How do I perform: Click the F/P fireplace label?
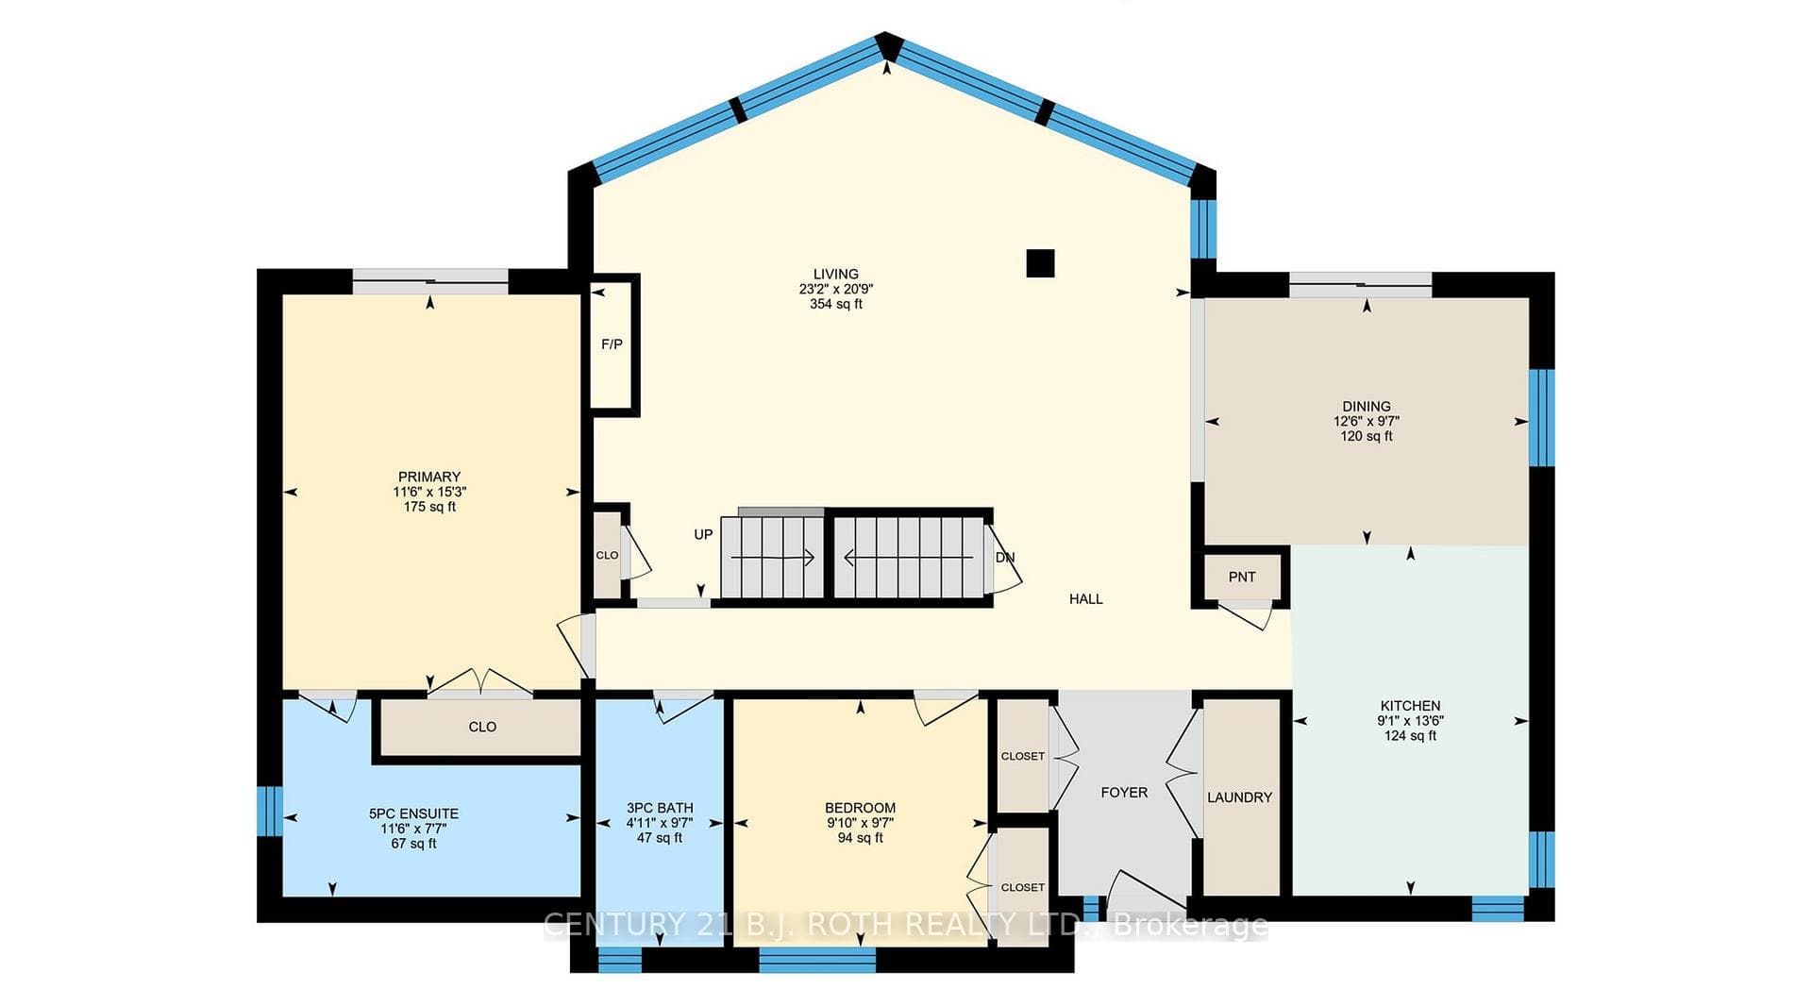pyautogui.click(x=612, y=344)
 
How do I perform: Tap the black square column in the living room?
pyautogui.click(x=1040, y=263)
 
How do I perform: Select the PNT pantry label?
pyautogui.click(x=1242, y=577)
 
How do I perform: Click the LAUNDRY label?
pyautogui.click(x=1239, y=797)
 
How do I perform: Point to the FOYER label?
pyautogui.click(x=1124, y=793)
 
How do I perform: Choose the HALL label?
pyautogui.click(x=1086, y=599)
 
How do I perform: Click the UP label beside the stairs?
pyautogui.click(x=703, y=535)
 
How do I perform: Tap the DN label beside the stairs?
pyautogui.click(x=1005, y=558)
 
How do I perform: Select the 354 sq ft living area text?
pyautogui.click(x=836, y=305)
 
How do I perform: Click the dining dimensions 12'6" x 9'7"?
pyautogui.click(x=1367, y=422)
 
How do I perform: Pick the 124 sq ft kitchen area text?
pyautogui.click(x=1410, y=736)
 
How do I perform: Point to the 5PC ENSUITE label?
pyautogui.click(x=413, y=813)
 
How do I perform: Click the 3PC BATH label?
pyautogui.click(x=660, y=808)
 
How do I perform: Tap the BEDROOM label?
pyautogui.click(x=860, y=808)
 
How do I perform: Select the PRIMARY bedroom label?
pyautogui.click(x=429, y=477)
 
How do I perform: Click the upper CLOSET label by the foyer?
pyautogui.click(x=1023, y=756)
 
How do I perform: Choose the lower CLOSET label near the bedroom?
pyautogui.click(x=1023, y=887)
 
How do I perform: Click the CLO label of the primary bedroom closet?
pyautogui.click(x=482, y=727)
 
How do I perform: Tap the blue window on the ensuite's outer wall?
pyautogui.click(x=270, y=811)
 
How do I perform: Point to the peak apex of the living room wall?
pyautogui.click(x=887, y=38)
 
